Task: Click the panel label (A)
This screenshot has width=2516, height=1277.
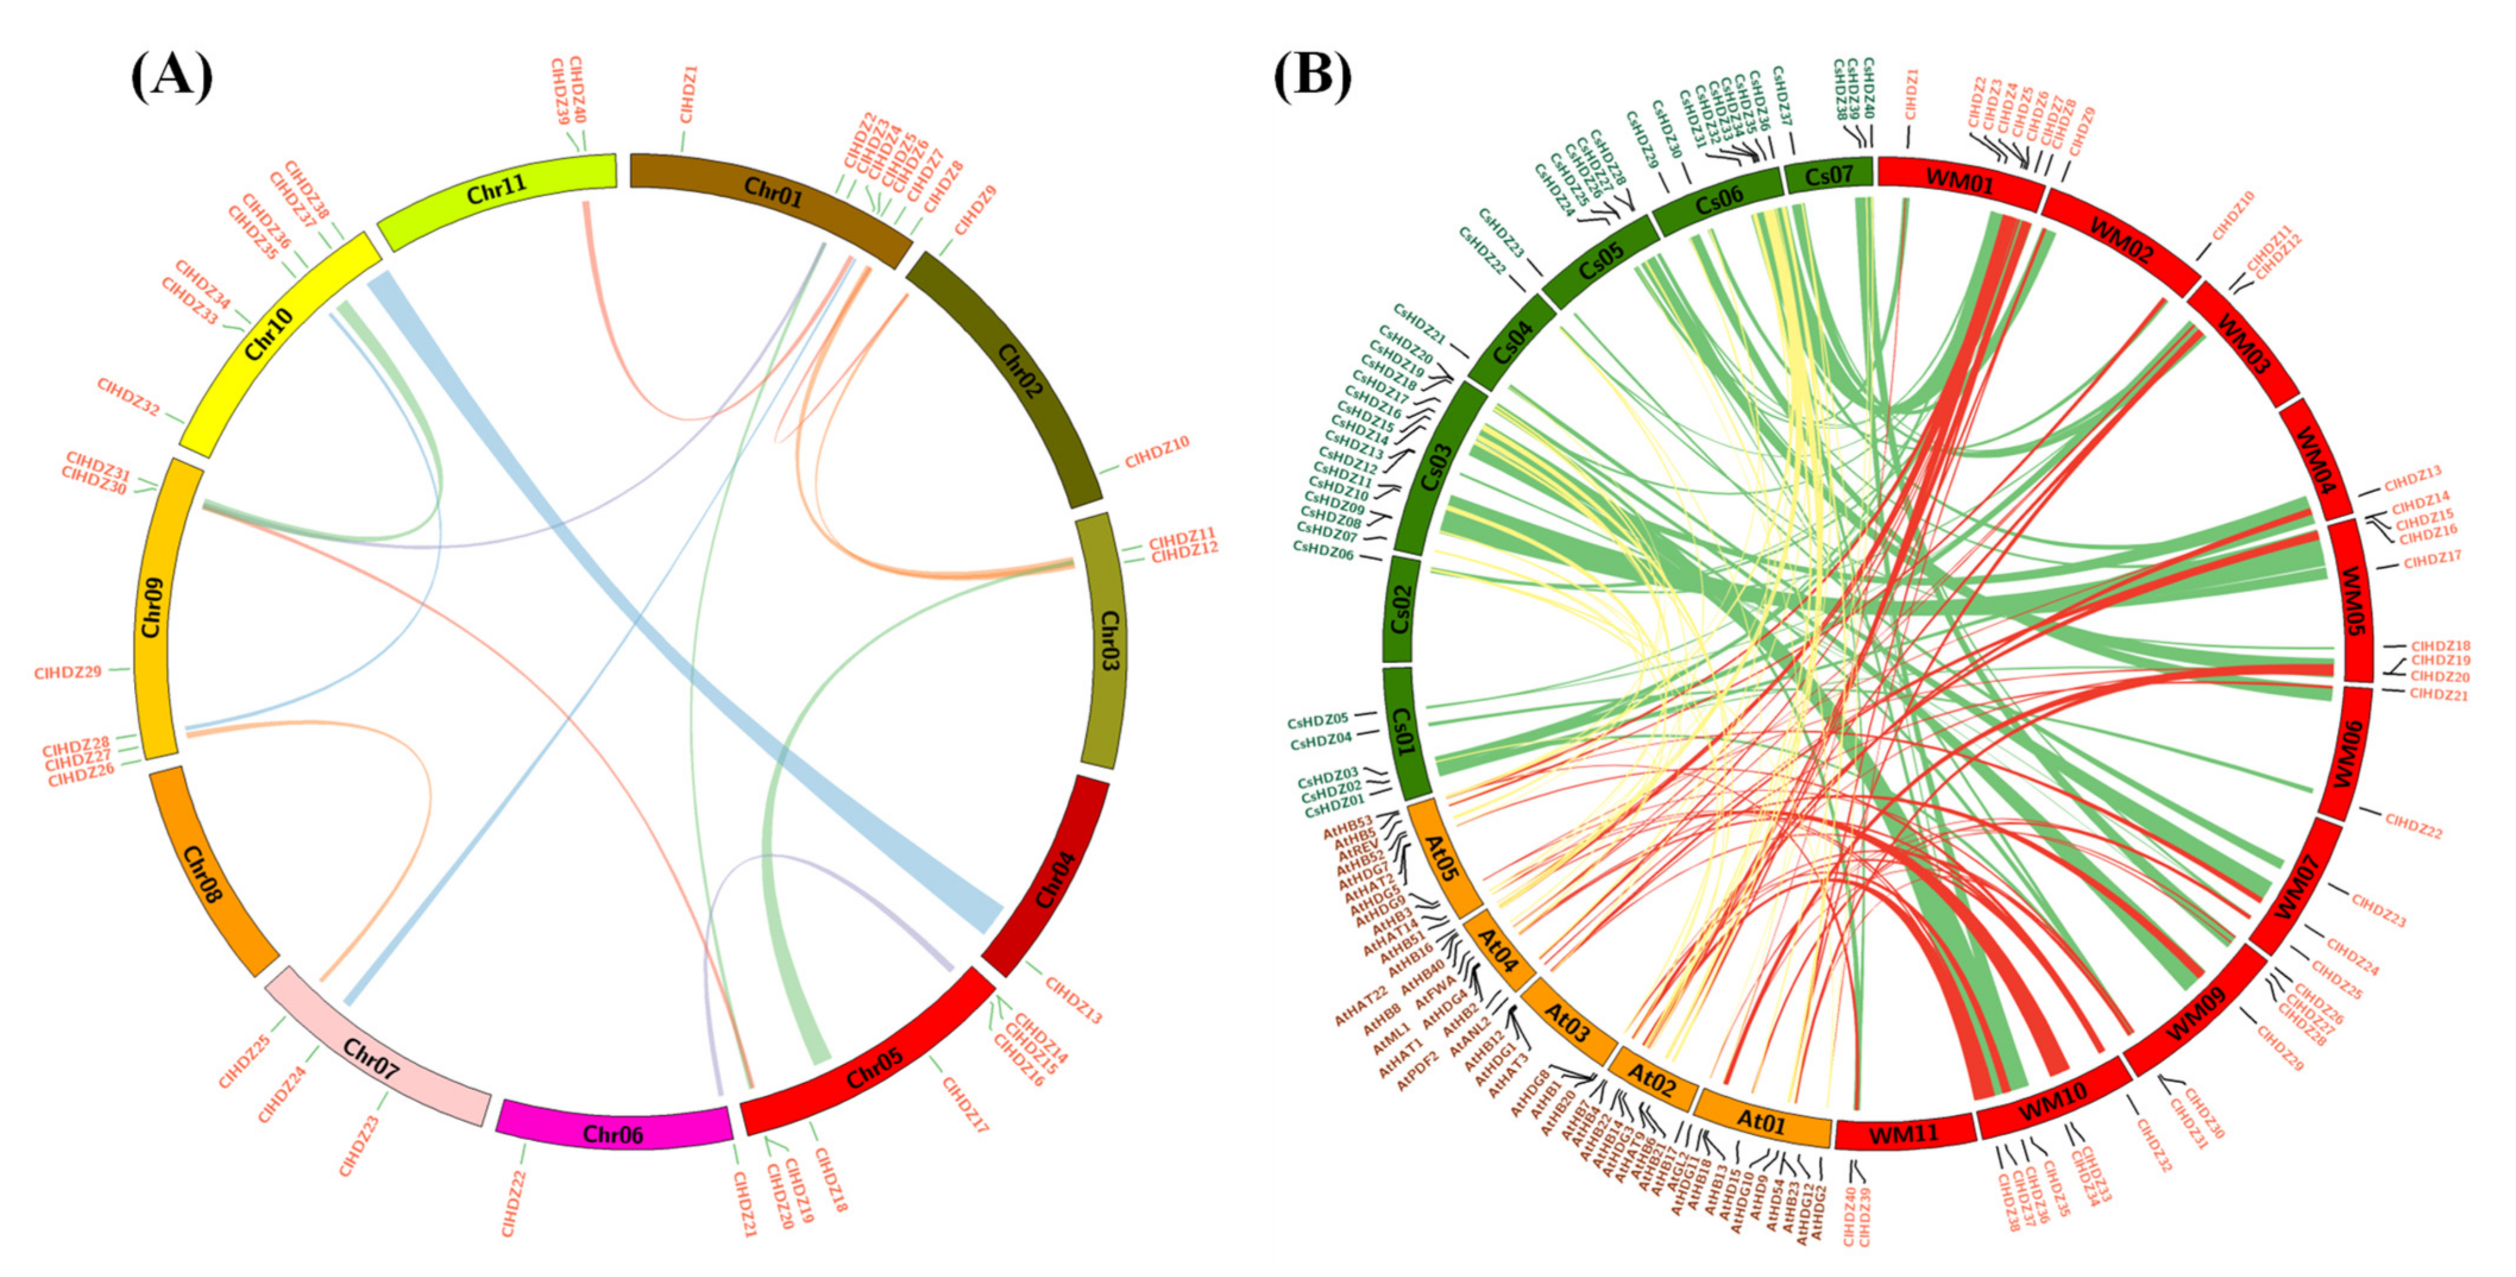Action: (172, 76)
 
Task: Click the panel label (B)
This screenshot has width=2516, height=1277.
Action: (1312, 76)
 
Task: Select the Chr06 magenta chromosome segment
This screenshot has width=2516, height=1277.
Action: (614, 1133)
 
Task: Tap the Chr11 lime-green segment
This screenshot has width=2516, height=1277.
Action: (496, 188)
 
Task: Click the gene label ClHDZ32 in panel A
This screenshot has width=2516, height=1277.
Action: (128, 397)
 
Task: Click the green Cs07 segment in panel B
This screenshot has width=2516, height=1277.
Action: (1828, 176)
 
